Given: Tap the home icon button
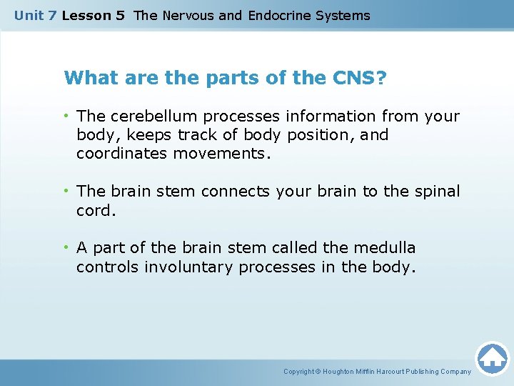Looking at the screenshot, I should pyautogui.click(x=492, y=357).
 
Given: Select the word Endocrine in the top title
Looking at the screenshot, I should pyautogui.click(x=278, y=15).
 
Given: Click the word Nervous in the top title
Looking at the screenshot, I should pyautogui.click(x=188, y=15).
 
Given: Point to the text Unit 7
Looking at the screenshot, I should pyautogui.click(x=35, y=15).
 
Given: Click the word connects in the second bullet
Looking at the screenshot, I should pyautogui.click(x=231, y=192).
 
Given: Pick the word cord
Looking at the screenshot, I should pyautogui.click(x=95, y=211).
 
